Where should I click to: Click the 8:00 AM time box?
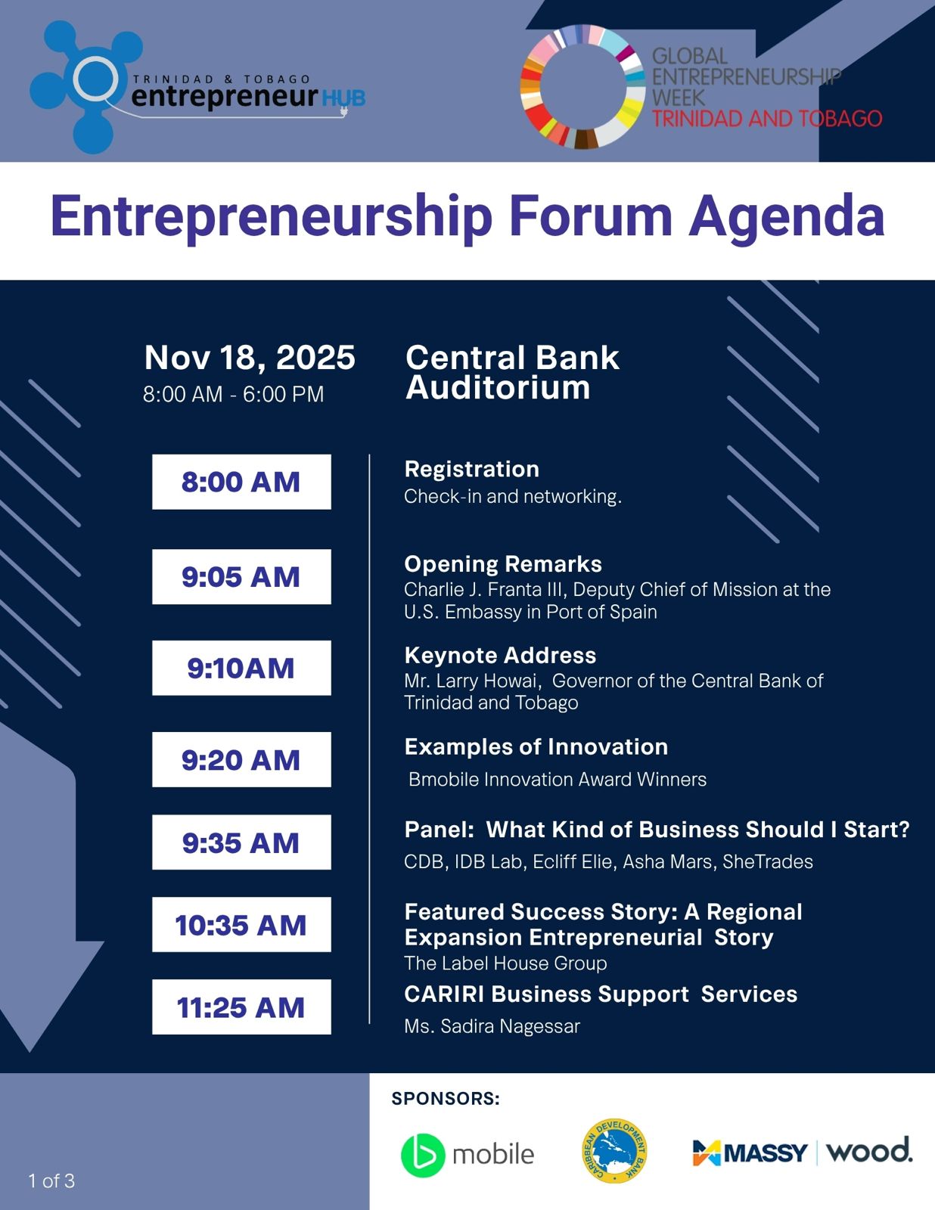[x=241, y=482]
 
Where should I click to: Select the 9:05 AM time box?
[x=241, y=576]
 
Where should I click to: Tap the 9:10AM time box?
[x=241, y=668]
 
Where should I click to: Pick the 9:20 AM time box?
[x=241, y=759]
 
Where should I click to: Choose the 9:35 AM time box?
[x=241, y=842]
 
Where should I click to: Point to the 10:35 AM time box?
[x=241, y=924]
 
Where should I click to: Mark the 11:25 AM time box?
[x=241, y=1007]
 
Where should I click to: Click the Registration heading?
[x=472, y=470]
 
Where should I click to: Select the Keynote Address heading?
[x=500, y=656]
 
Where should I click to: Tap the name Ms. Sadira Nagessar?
[x=492, y=1025]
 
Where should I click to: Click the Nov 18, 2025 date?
[x=250, y=357]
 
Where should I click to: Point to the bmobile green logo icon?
[x=423, y=1155]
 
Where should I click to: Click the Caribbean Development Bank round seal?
[x=614, y=1150]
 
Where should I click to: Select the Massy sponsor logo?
[x=750, y=1152]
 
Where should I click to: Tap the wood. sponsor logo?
[x=868, y=1150]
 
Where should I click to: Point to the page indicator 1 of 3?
[x=51, y=1181]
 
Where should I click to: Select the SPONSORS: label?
[x=446, y=1098]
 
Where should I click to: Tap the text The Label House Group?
[x=505, y=963]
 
